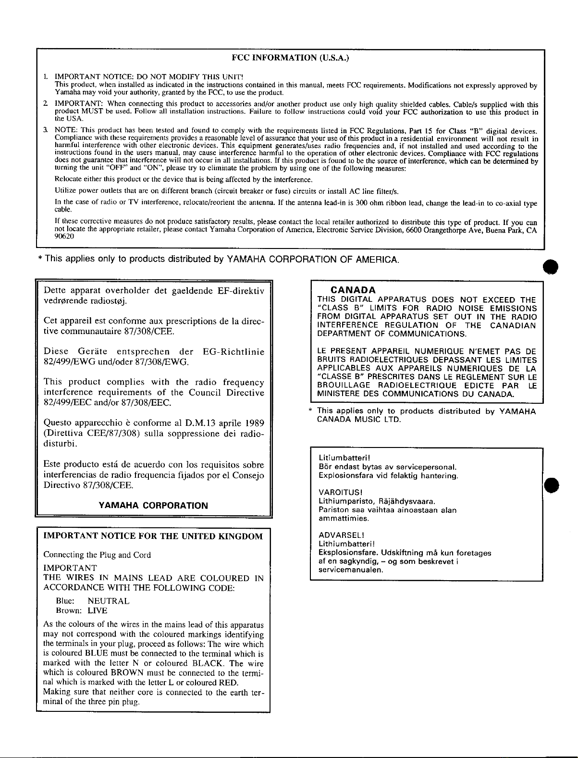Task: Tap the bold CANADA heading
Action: pyautogui.click(x=354, y=290)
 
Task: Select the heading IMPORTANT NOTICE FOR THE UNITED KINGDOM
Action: pyautogui.click(x=153, y=536)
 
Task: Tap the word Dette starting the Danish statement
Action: pyautogui.click(x=55, y=290)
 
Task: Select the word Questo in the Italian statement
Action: pyautogui.click(x=59, y=423)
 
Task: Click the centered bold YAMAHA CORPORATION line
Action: pyautogui.click(x=153, y=505)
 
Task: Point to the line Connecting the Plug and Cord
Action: pyautogui.click(x=98, y=555)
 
